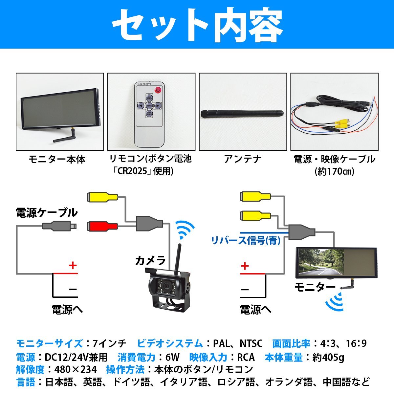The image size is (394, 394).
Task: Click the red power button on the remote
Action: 158,90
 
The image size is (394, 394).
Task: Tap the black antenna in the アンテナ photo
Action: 241,113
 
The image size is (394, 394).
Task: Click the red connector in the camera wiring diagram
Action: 102,226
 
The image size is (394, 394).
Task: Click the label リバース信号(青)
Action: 246,241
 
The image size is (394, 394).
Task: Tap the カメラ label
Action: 150,261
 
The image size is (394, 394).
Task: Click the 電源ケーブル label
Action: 47,212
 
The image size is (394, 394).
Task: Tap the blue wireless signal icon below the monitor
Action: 335,301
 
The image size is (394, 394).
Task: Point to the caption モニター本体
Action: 57,160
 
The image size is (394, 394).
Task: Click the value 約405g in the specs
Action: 328,357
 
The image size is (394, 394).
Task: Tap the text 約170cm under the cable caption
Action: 334,171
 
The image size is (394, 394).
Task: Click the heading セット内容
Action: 197,25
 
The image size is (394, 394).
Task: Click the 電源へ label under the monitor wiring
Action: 256,309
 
